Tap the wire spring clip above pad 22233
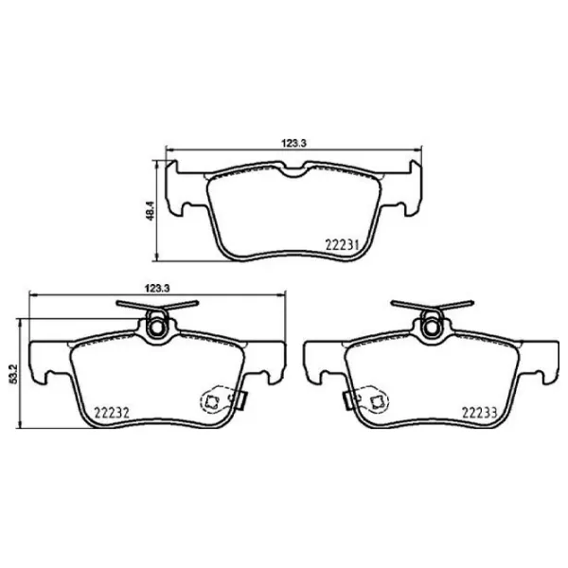point(432,306)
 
